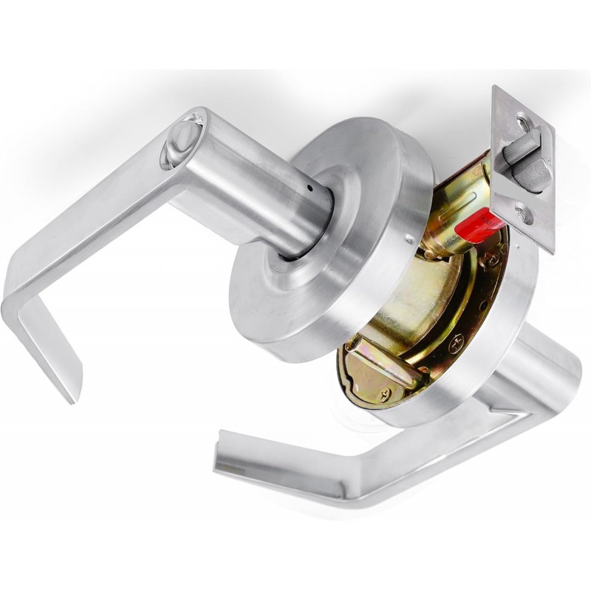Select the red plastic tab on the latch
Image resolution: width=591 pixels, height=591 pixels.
click(x=476, y=225)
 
